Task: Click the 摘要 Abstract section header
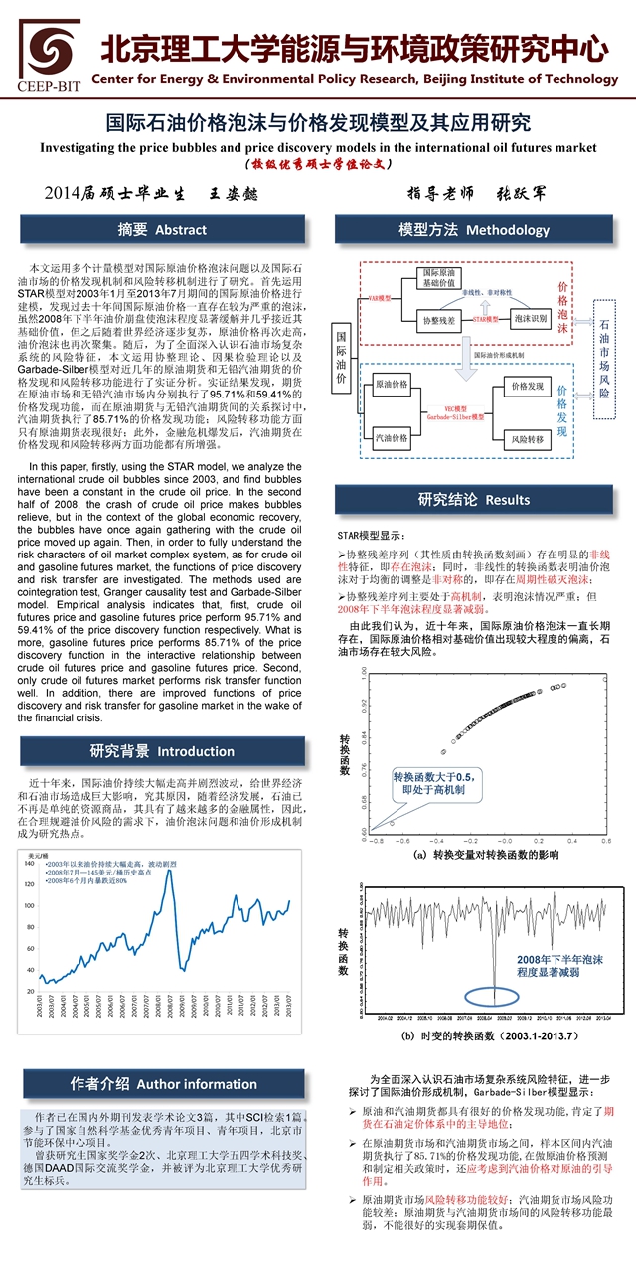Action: pos(162,230)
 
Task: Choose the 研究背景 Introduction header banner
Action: pos(162,750)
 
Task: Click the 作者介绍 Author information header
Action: pos(162,1083)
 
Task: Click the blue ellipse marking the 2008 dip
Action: pos(493,993)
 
